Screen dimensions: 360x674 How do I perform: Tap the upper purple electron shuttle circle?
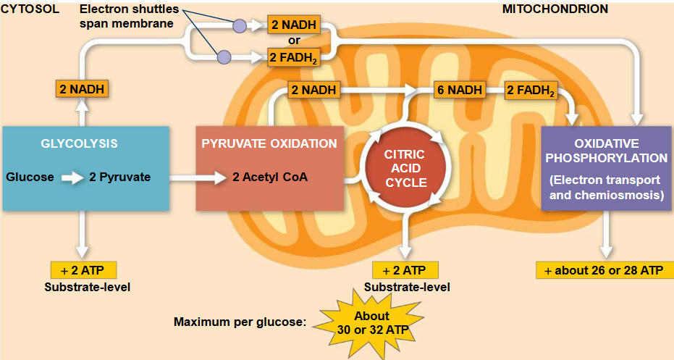[x=239, y=26]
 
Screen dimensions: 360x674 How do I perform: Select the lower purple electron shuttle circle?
[x=224, y=56]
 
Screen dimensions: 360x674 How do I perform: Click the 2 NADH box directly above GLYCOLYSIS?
[x=83, y=90]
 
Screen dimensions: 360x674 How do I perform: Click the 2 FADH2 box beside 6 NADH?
[x=531, y=91]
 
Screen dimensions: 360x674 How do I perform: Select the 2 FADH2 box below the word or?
[x=294, y=57]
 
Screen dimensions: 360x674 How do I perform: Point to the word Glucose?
[x=30, y=177]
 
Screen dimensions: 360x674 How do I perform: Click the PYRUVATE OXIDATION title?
[x=269, y=143]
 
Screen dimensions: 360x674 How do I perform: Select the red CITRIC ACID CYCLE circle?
[x=405, y=169]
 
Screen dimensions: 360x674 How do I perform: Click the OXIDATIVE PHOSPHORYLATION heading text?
[x=606, y=150]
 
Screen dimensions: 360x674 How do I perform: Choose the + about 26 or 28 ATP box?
[x=604, y=270]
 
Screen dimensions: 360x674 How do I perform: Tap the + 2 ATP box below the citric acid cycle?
[x=405, y=270]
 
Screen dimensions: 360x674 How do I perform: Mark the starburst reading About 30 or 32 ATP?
[x=371, y=322]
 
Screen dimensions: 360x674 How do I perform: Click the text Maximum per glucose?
[x=240, y=322]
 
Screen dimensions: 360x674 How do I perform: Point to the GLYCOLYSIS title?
[x=79, y=143]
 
